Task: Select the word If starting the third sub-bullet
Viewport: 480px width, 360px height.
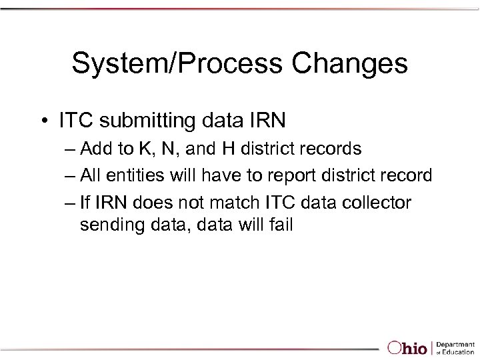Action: (86, 202)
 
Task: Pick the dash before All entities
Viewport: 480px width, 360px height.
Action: (71, 176)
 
